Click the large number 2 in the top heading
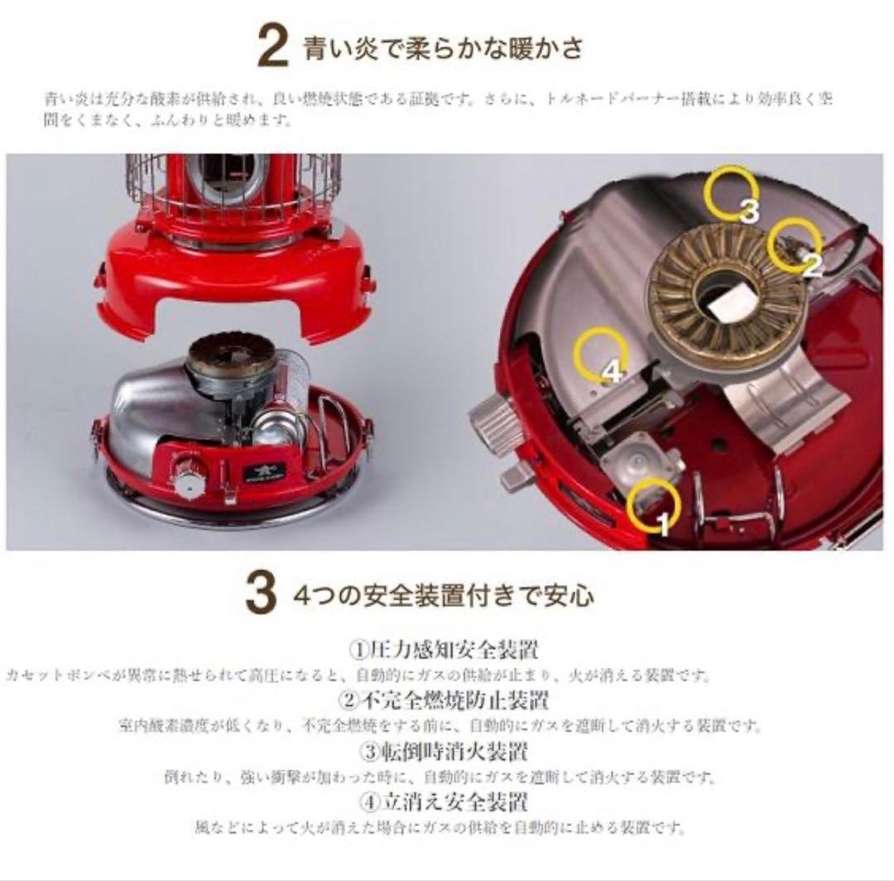point(272,46)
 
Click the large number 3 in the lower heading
point(260,596)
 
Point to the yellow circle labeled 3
point(731,192)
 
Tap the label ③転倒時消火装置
point(445,752)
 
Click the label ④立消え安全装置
point(445,802)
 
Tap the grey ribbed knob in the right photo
point(494,421)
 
